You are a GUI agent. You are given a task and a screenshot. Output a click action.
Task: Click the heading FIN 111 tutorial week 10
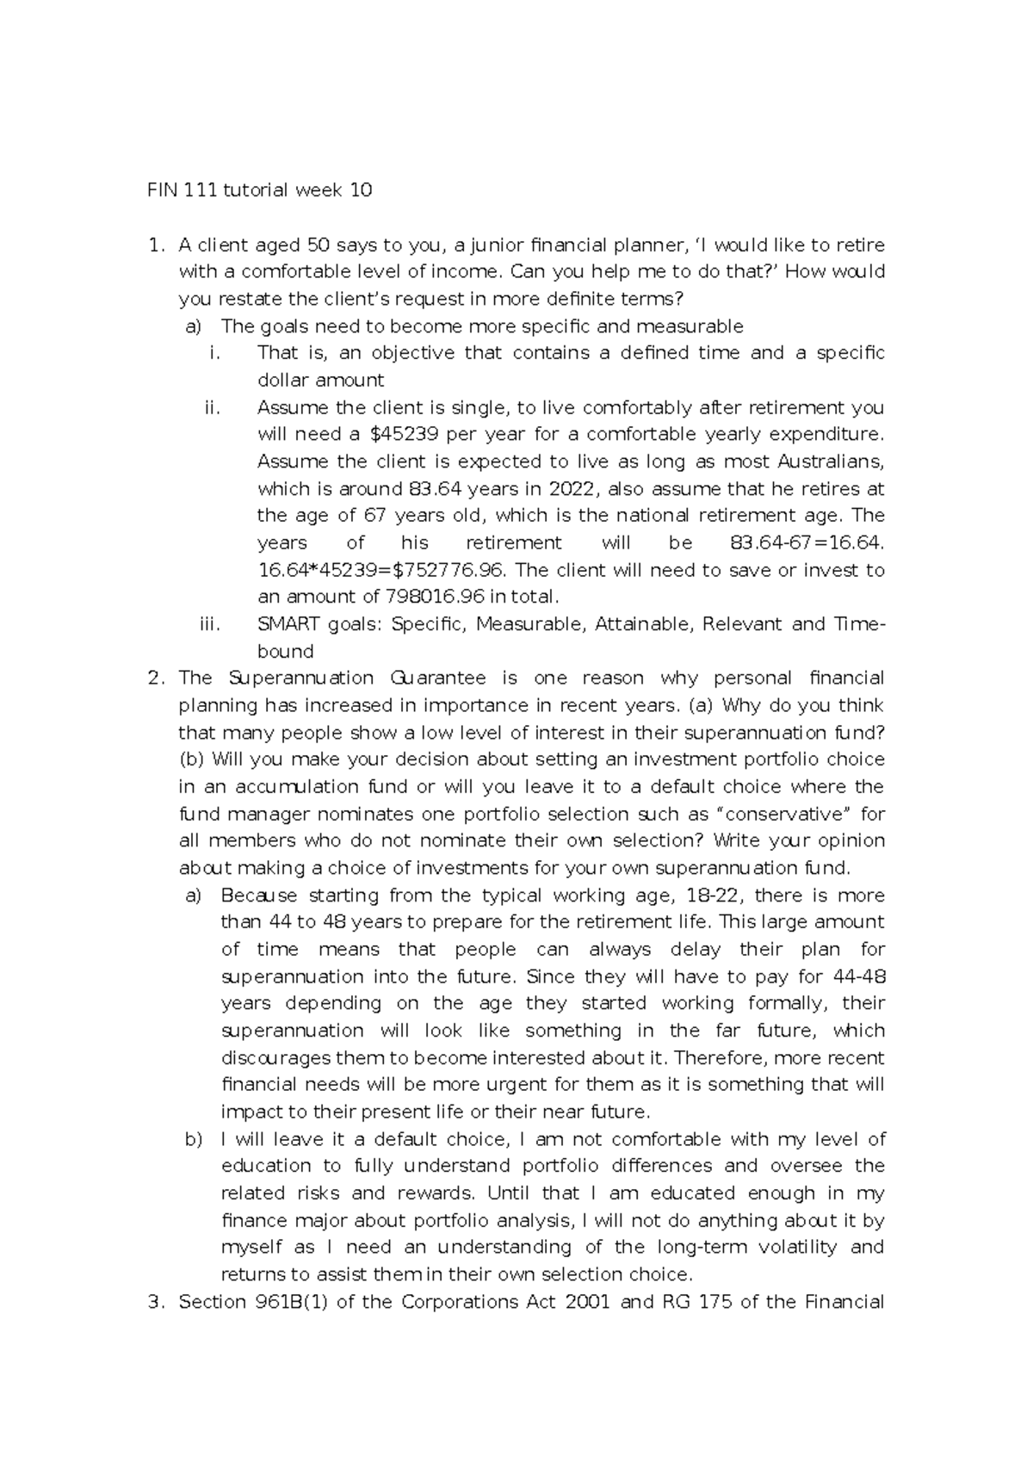tap(258, 190)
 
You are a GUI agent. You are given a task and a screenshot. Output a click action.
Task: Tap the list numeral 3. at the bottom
tap(155, 1302)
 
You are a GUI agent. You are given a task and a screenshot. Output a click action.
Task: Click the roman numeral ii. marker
tap(213, 407)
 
